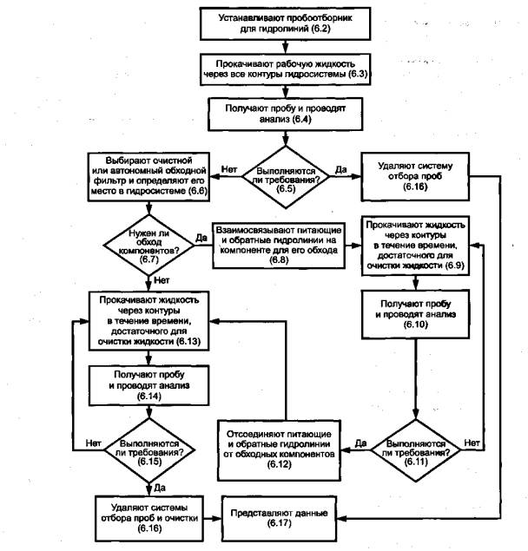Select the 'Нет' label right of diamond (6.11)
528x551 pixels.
click(472, 442)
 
